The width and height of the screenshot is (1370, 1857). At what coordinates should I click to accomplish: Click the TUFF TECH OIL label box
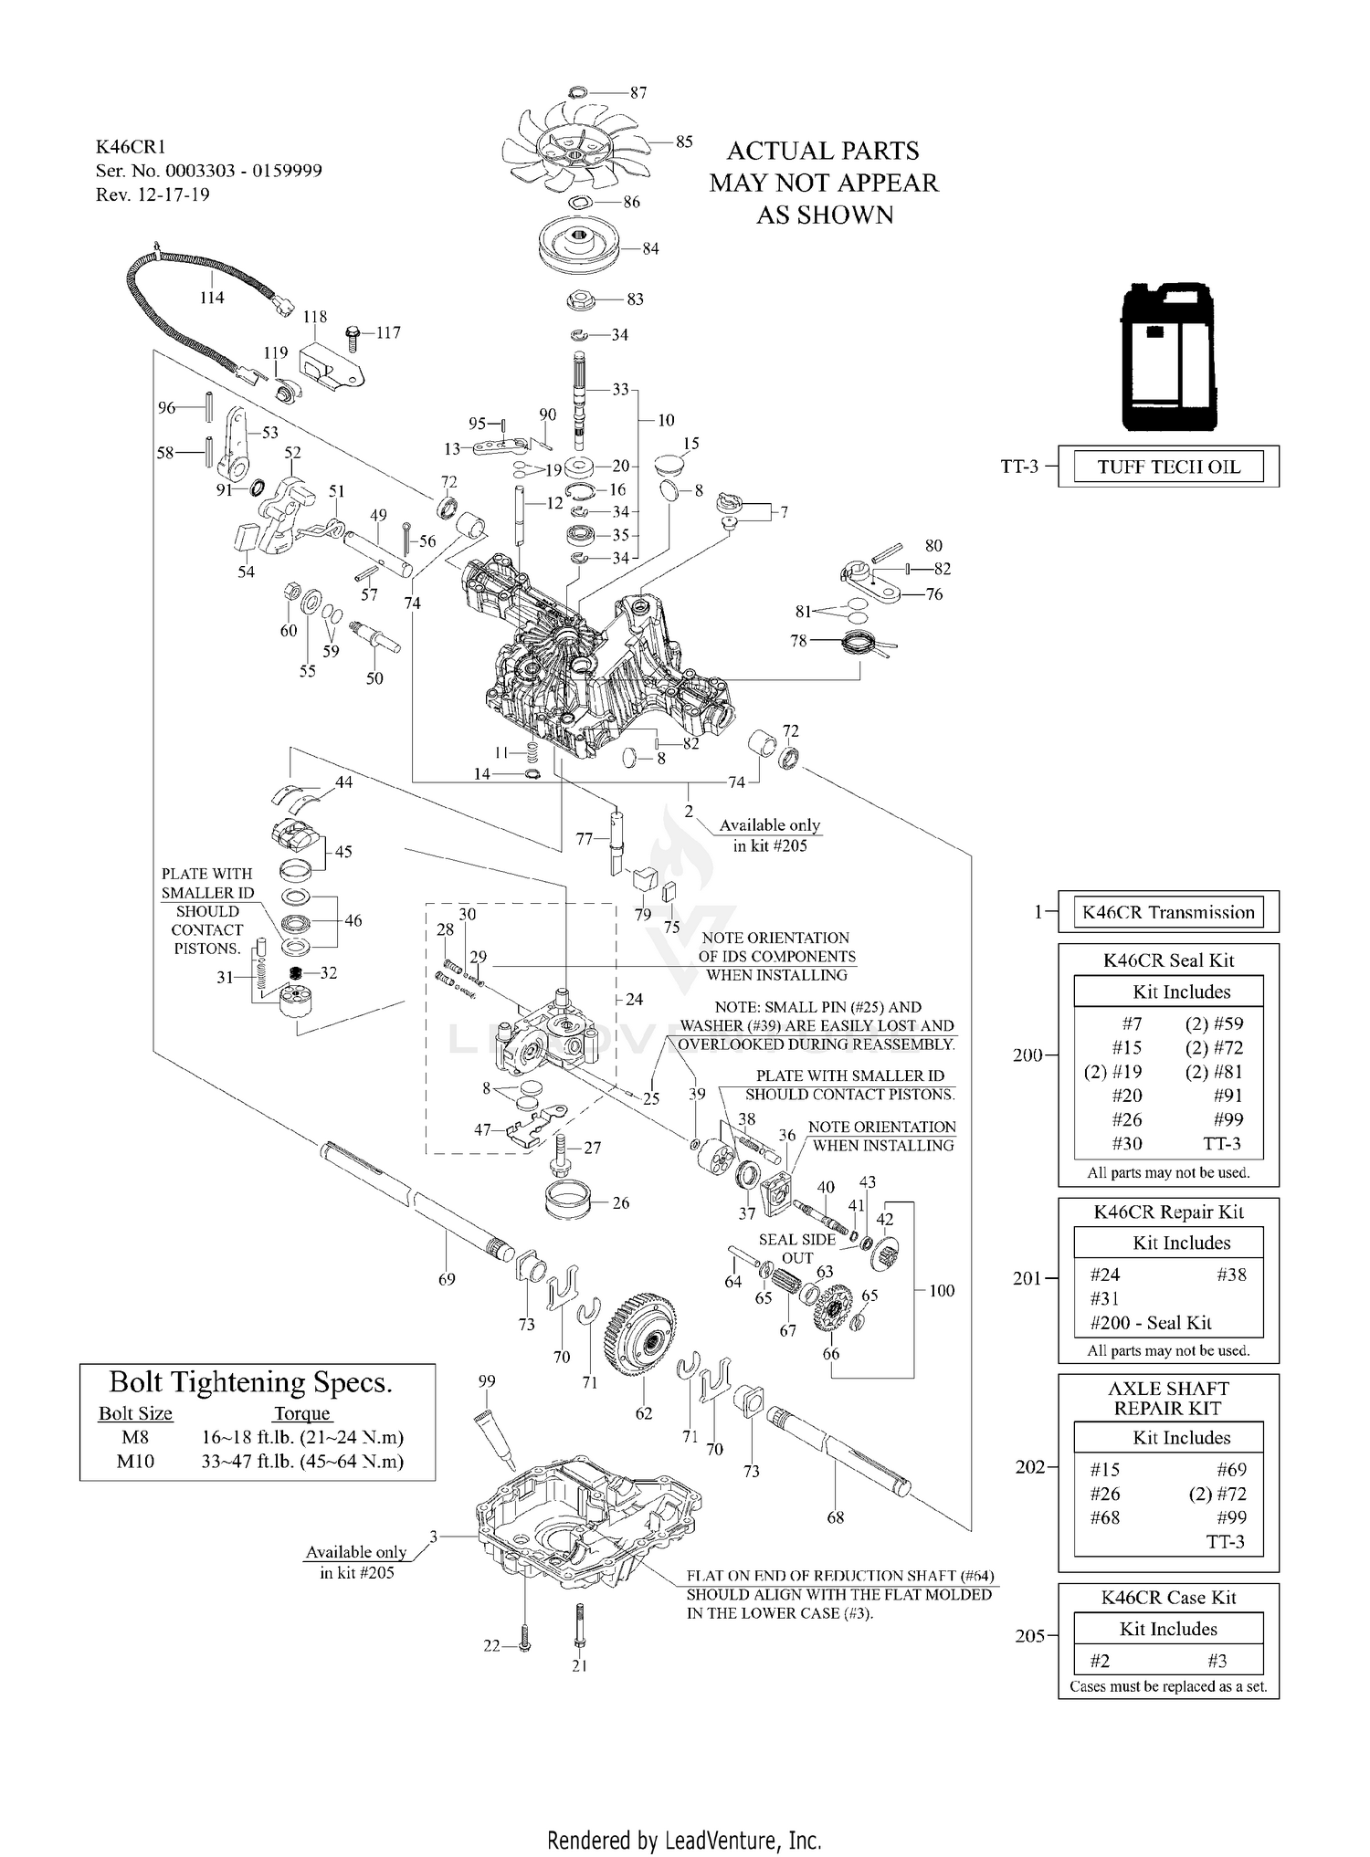pos(1168,467)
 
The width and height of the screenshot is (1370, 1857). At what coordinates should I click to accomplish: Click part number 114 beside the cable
pos(212,298)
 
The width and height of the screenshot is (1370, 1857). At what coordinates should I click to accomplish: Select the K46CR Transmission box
pos(1168,912)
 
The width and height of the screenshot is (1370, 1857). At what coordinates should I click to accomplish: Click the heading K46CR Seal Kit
pos(1168,960)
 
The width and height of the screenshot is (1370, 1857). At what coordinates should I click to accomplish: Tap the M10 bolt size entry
pos(135,1461)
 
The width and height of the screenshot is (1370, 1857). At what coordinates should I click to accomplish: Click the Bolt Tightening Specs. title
pos(251,1382)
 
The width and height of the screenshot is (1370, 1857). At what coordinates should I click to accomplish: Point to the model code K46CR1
pos(131,147)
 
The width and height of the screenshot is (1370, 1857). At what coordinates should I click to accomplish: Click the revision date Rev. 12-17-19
pos(153,194)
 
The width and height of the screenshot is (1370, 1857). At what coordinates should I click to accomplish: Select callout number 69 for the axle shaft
pos(447,1279)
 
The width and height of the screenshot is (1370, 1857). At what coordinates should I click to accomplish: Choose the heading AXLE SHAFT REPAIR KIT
pos(1168,1399)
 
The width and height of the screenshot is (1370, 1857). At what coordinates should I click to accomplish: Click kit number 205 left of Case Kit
pos(1030,1636)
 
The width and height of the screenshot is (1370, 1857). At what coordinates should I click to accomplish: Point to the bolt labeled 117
pos(353,334)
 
